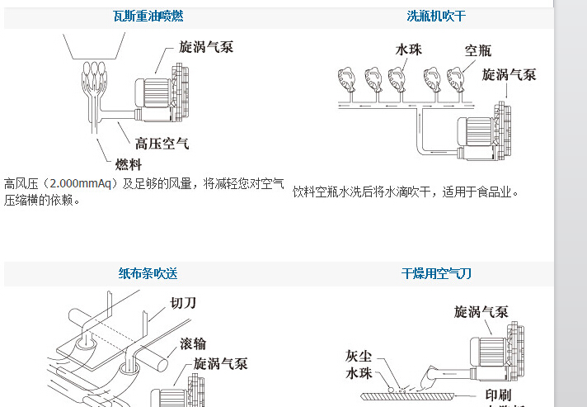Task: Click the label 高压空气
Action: click(x=162, y=144)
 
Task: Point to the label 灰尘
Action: click(x=361, y=356)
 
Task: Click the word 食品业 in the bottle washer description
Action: click(x=496, y=192)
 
